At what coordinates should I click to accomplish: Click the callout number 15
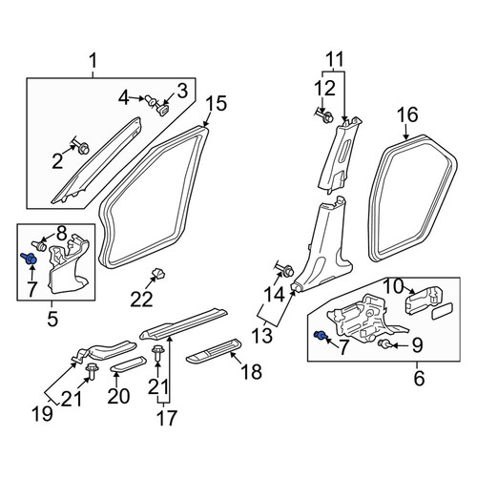(x=217, y=104)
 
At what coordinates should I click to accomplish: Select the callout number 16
(x=407, y=114)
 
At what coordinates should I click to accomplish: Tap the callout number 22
(x=141, y=300)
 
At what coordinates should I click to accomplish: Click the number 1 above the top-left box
(x=93, y=61)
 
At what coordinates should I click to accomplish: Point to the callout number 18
(x=251, y=371)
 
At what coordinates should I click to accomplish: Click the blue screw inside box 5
(x=29, y=259)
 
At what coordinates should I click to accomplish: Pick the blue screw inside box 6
(x=320, y=335)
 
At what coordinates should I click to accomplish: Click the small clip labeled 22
(x=158, y=274)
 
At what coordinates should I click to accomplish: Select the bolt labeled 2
(x=82, y=147)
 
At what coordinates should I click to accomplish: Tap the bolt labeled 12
(x=325, y=116)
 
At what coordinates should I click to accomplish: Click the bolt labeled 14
(x=286, y=271)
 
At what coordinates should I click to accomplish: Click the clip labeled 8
(x=39, y=245)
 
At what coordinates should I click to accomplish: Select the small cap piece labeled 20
(x=128, y=363)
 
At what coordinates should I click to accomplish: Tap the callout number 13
(x=262, y=335)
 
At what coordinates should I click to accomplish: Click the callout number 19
(x=42, y=413)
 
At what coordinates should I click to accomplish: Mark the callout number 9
(x=417, y=345)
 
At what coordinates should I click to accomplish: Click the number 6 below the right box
(x=419, y=378)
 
